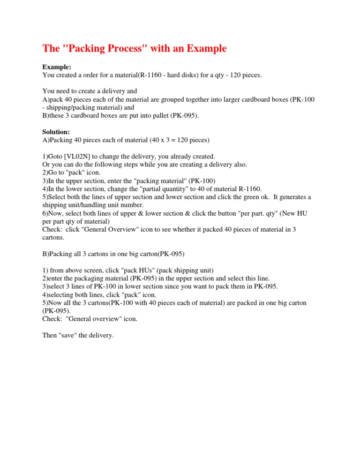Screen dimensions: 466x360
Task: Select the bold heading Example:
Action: [57, 67]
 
